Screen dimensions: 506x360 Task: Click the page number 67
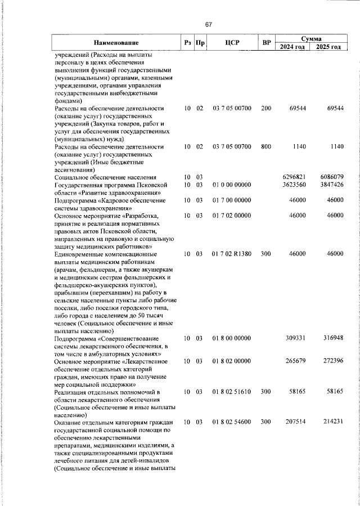click(x=208, y=24)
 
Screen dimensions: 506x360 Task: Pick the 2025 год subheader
click(x=329, y=47)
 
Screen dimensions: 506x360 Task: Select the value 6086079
click(x=331, y=177)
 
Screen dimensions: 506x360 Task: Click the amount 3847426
click(x=331, y=185)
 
